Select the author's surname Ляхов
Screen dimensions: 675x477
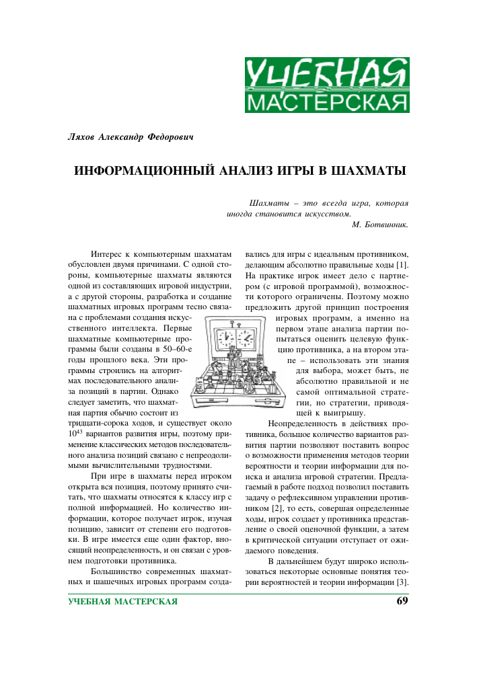tap(83, 137)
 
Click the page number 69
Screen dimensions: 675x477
tap(402, 600)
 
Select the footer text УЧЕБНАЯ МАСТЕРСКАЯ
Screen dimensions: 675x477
tap(122, 601)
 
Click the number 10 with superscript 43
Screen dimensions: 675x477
tap(75, 424)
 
